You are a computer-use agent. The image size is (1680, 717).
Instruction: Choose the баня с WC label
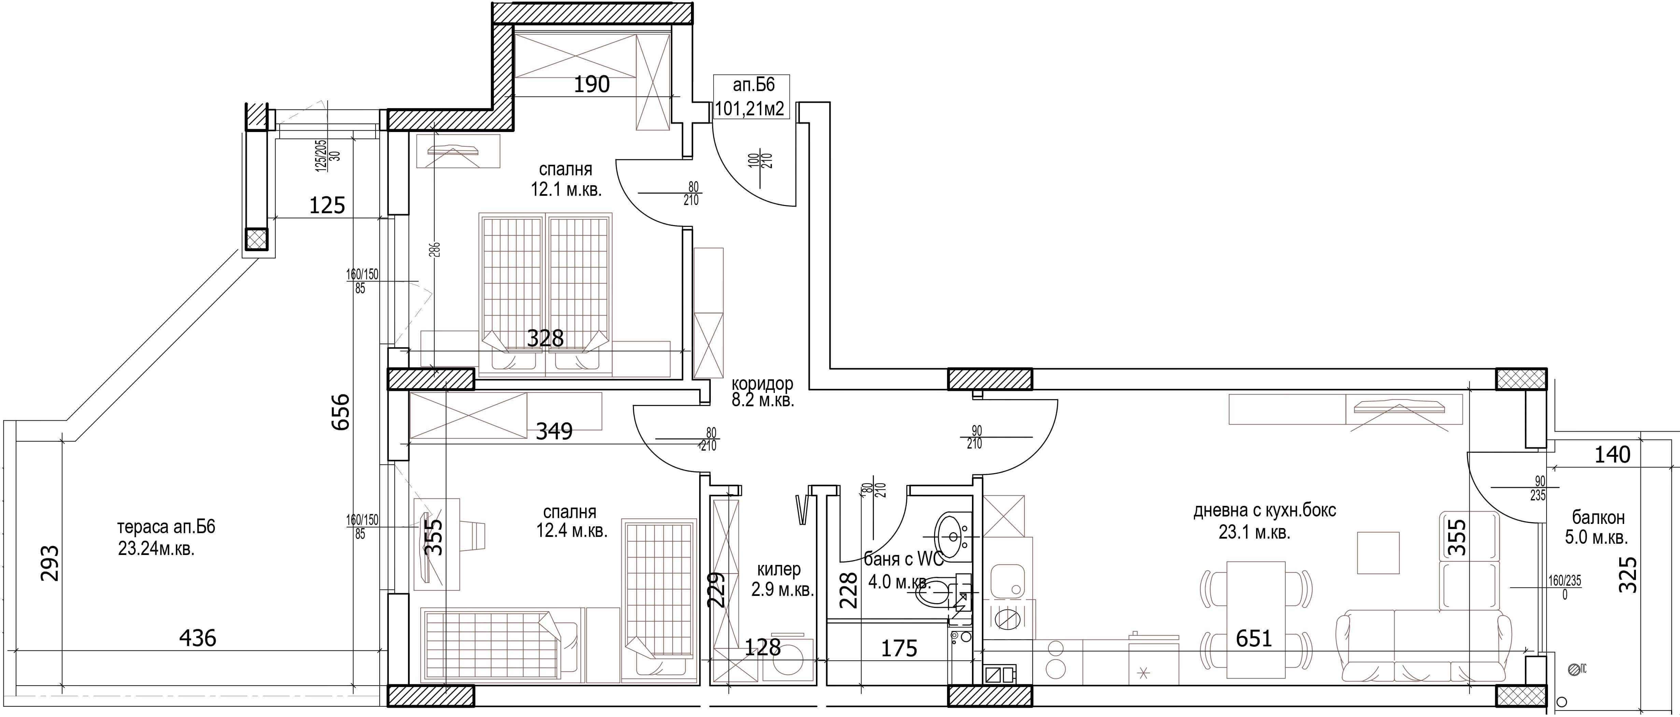coord(903,559)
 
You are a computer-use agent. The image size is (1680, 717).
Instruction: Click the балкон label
coord(1598,518)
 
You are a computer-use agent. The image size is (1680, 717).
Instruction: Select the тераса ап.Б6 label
coord(166,527)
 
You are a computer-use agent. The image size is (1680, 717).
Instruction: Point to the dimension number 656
coord(340,411)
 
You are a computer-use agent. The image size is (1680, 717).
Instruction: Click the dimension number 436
coord(198,638)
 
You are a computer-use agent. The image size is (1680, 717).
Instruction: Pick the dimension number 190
coord(592,84)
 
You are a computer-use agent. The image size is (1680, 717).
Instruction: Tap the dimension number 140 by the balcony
coord(1612,454)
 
